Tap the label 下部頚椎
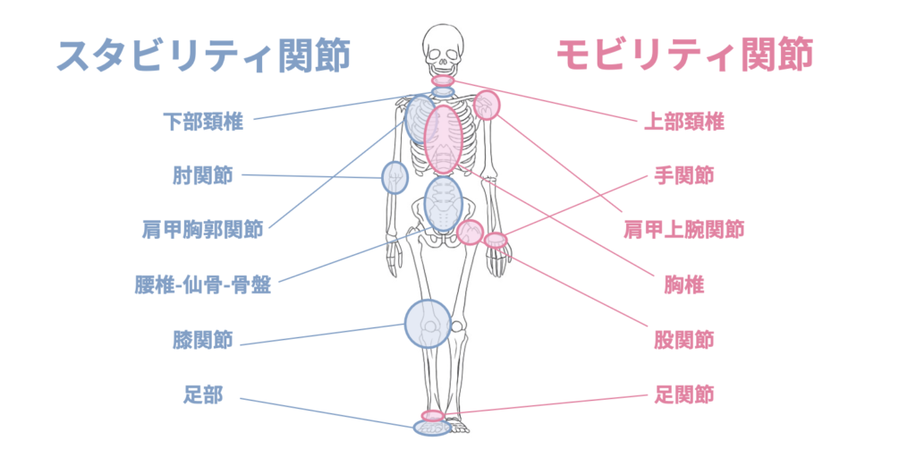tap(203, 121)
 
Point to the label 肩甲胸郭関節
tap(203, 230)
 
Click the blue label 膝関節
tap(203, 340)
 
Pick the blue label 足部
tap(204, 394)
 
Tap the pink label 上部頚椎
tap(684, 122)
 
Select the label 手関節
tap(684, 175)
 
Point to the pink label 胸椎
tap(684, 285)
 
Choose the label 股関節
tap(684, 340)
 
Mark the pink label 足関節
tap(684, 394)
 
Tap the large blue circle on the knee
tap(428, 323)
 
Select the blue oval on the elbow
tap(394, 178)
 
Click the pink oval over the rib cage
tap(443, 139)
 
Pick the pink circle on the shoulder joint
tap(487, 105)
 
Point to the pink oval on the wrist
tap(496, 239)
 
